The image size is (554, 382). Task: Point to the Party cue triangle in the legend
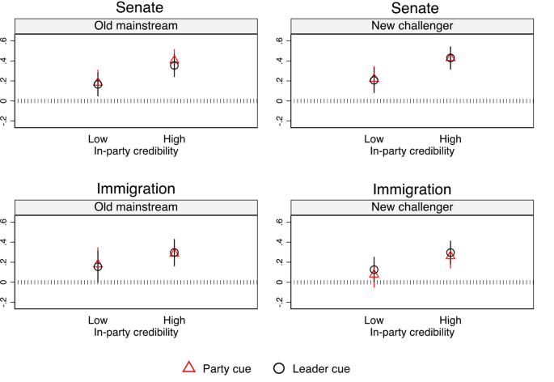188,367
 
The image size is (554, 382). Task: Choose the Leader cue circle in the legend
279,367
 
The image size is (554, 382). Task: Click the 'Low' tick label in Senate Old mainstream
98,139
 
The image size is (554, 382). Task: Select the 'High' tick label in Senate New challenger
450,139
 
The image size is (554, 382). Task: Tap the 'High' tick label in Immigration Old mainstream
174,320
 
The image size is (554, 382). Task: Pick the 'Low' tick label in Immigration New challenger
374,320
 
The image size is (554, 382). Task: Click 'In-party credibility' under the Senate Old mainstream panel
135,151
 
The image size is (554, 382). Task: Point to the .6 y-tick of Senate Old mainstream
6,40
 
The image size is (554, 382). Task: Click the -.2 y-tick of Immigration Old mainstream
6,301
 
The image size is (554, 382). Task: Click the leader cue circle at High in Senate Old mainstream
174,65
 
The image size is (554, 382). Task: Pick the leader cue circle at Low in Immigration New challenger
374,270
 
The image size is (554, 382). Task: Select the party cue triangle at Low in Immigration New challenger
374,274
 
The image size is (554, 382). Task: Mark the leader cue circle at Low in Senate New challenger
374,79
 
